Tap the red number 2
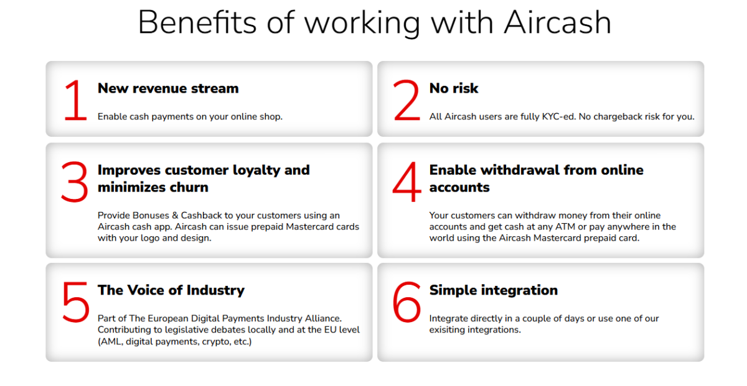click(406, 100)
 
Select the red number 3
click(75, 182)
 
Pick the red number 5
click(76, 302)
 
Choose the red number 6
click(406, 302)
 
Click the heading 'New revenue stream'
click(168, 88)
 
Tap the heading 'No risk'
click(454, 88)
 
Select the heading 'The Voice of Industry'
click(171, 290)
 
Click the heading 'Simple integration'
click(494, 290)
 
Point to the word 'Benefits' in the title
click(197, 22)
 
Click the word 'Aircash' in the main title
click(558, 22)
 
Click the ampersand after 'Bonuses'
click(175, 216)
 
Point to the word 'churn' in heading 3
click(189, 188)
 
